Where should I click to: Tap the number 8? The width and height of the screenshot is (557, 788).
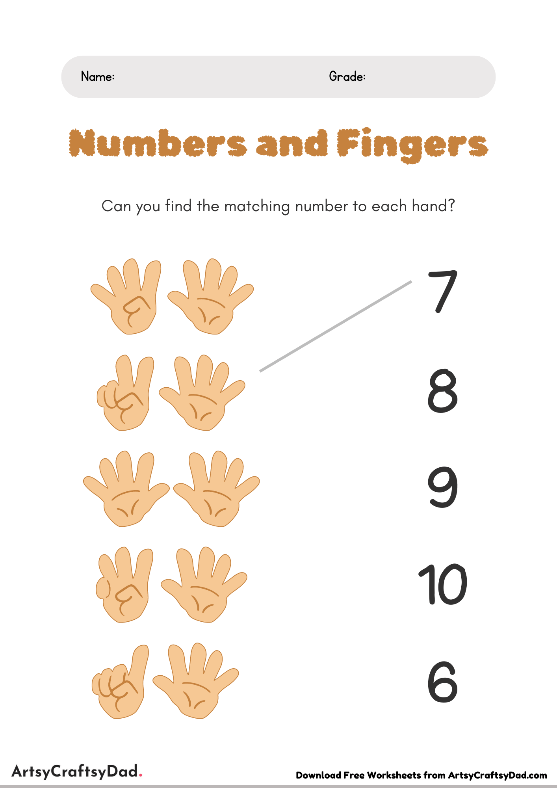click(x=443, y=391)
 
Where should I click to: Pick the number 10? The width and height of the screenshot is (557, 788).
click(x=442, y=584)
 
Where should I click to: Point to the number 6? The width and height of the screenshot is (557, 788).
click(x=443, y=682)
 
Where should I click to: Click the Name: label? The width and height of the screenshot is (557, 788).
click(x=98, y=76)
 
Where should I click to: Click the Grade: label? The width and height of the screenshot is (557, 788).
click(x=347, y=76)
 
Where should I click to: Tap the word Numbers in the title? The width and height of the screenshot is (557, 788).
click(x=158, y=143)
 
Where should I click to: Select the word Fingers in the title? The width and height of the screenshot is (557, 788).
click(x=412, y=145)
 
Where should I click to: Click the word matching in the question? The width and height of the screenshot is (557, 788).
click(x=257, y=206)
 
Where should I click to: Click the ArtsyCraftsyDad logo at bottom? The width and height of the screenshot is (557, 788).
click(x=75, y=771)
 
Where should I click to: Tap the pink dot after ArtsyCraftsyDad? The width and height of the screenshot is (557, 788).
click(x=141, y=776)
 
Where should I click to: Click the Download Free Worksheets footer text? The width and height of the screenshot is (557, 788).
click(x=421, y=775)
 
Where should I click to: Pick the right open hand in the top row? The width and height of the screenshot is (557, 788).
click(x=210, y=298)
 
